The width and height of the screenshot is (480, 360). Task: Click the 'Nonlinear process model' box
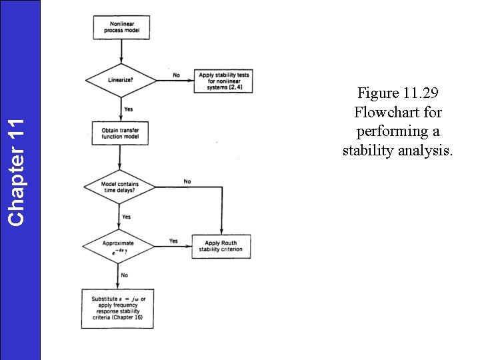pyautogui.click(x=121, y=27)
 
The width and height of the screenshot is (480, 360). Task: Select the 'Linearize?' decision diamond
pyautogui.click(x=120, y=80)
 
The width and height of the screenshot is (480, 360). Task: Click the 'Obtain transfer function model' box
pyautogui.click(x=119, y=133)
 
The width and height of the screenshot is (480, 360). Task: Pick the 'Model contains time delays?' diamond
pyautogui.click(x=119, y=187)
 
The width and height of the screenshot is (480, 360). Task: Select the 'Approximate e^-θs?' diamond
pyautogui.click(x=119, y=247)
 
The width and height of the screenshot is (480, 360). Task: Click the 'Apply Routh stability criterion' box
pyautogui.click(x=220, y=247)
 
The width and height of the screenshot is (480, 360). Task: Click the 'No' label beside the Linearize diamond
pyautogui.click(x=176, y=75)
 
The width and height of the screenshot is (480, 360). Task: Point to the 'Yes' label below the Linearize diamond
pyautogui.click(x=127, y=109)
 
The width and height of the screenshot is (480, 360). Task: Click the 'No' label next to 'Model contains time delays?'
pyautogui.click(x=187, y=181)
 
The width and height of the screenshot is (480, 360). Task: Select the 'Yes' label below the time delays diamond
pyautogui.click(x=126, y=217)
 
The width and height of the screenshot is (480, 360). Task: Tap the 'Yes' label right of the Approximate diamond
pyautogui.click(x=173, y=241)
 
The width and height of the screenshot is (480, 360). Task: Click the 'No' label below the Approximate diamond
pyautogui.click(x=124, y=275)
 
